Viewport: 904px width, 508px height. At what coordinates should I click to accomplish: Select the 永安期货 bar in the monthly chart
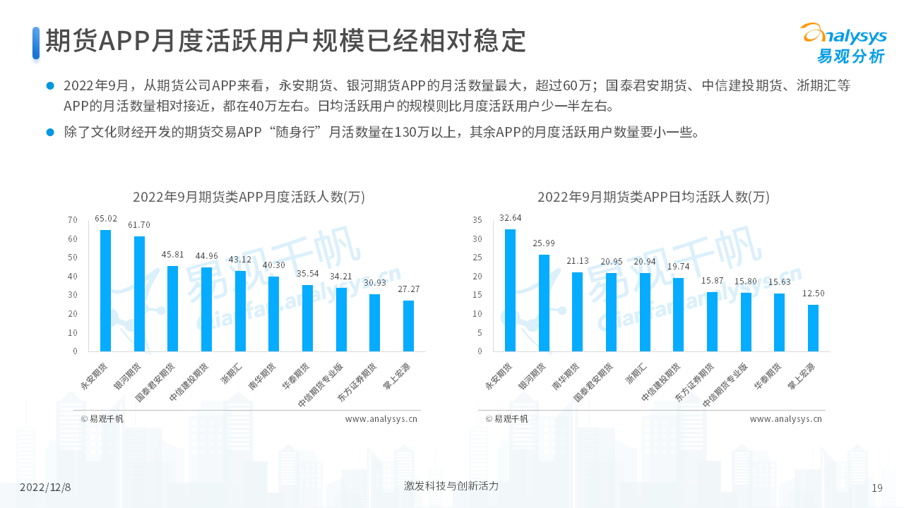(x=105, y=291)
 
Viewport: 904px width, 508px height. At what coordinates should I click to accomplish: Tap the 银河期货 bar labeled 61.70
(x=139, y=294)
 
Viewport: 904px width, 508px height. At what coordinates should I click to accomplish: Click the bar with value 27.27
(x=408, y=326)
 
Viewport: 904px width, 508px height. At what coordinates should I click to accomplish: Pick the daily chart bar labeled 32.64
(x=510, y=290)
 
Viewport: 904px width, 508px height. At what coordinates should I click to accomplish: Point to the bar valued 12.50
(x=813, y=328)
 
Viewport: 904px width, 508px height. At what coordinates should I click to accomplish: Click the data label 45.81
(x=173, y=255)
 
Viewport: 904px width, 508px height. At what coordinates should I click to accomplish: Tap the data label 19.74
(x=678, y=266)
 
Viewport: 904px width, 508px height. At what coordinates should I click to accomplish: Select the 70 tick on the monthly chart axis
(x=73, y=220)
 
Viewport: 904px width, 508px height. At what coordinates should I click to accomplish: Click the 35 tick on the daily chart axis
(x=477, y=220)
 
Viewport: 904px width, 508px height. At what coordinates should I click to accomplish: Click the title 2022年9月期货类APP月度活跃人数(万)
(x=249, y=197)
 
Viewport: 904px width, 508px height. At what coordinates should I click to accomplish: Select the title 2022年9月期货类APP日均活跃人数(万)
(x=653, y=197)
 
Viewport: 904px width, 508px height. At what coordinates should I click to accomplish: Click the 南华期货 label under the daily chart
(x=566, y=377)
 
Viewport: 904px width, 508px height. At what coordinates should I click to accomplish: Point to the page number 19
(x=877, y=488)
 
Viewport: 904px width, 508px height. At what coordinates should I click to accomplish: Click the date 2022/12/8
(x=45, y=488)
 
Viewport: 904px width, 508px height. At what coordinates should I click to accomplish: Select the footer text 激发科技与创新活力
(x=451, y=486)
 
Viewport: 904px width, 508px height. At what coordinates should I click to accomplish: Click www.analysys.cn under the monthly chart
(x=381, y=418)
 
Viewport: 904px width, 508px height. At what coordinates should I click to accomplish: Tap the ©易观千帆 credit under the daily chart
(x=506, y=418)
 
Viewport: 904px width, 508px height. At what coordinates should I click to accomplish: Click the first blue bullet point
(x=50, y=85)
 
